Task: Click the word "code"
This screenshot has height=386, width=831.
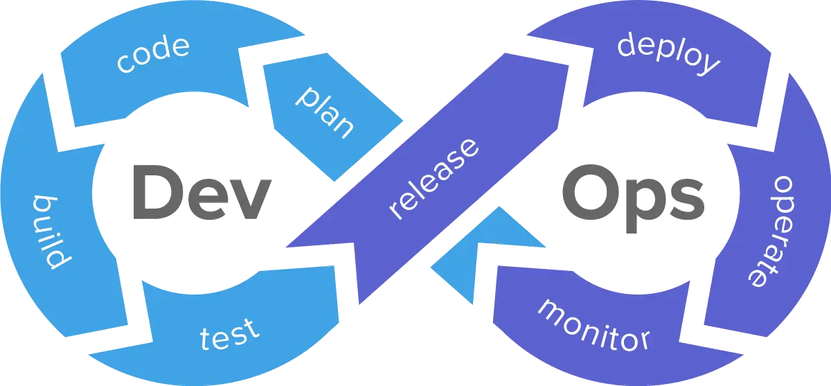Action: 152,55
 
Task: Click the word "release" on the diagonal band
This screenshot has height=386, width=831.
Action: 434,179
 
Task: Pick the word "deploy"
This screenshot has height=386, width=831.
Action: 669,53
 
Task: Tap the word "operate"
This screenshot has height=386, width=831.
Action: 771,231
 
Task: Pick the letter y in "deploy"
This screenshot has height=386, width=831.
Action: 708,66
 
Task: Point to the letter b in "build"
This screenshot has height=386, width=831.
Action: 43,205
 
